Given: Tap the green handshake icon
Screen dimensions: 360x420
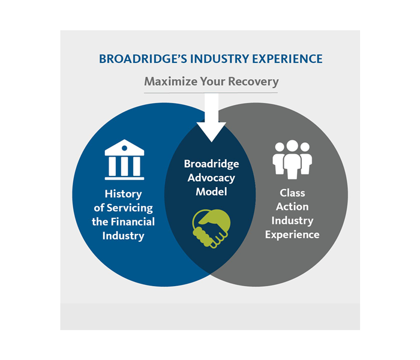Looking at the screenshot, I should pos(210,227).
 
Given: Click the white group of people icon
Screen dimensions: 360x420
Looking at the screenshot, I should pos(292,159).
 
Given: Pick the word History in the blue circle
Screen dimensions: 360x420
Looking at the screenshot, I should pos(124,194).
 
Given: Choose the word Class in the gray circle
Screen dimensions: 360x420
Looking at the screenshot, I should pos(292,193).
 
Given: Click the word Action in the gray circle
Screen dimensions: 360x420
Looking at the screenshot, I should pos(292,206).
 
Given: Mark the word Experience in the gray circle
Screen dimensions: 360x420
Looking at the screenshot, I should pos(292,234).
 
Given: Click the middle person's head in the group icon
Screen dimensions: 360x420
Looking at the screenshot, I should pos(292,146).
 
